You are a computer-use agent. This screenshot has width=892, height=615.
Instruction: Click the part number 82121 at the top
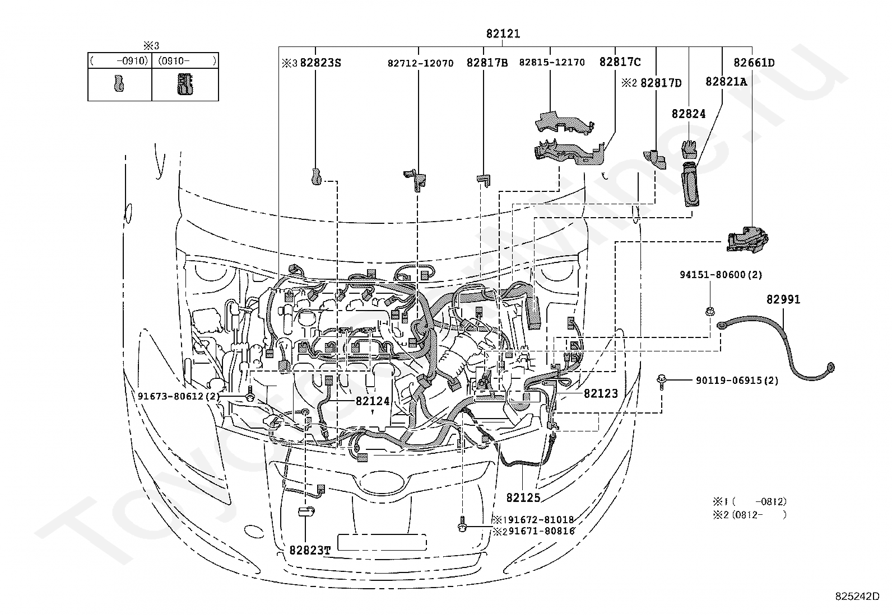click(x=503, y=34)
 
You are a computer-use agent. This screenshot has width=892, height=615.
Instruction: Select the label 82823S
click(x=320, y=63)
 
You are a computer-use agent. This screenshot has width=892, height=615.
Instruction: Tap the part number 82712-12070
click(x=421, y=63)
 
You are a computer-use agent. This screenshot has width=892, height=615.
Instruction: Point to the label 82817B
click(x=487, y=63)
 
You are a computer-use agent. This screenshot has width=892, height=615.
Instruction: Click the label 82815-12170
click(x=552, y=63)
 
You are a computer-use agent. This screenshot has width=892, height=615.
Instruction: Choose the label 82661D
click(x=754, y=63)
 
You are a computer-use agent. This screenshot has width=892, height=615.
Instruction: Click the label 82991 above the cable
click(x=783, y=299)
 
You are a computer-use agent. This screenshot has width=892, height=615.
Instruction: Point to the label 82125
click(x=523, y=497)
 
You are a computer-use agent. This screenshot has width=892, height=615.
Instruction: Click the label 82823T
click(x=310, y=550)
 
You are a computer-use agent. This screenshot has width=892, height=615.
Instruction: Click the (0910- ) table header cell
click(x=185, y=61)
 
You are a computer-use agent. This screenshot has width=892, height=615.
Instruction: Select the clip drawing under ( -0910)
click(x=119, y=83)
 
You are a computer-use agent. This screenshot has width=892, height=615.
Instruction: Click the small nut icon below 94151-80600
click(x=709, y=312)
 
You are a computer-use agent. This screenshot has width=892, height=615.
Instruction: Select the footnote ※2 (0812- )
click(x=750, y=515)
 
